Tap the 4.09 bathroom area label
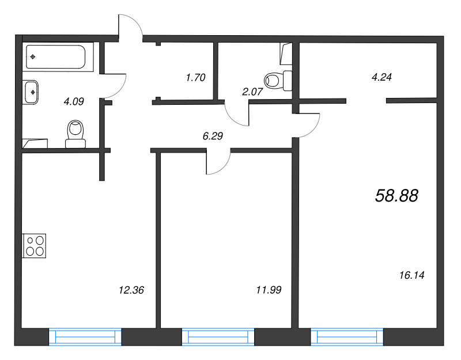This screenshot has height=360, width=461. pos(74,102)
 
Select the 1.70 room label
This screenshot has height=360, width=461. pos(196,77)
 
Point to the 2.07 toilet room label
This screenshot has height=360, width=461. pos(252,90)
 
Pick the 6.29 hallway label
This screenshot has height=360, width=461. pos(213,137)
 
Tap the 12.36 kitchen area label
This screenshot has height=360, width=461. pos(129,290)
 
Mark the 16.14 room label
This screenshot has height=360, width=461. pos(411,276)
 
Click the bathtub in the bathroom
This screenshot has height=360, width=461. pos(55,56)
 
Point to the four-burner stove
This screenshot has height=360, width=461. pos(34,244)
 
